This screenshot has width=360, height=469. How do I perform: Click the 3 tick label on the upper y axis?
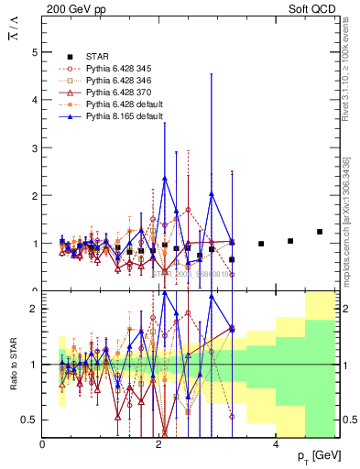34,148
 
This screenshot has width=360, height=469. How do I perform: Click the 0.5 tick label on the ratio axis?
29,420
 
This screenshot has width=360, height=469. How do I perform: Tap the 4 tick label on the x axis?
277,444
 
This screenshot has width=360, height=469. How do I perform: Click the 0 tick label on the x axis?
43,444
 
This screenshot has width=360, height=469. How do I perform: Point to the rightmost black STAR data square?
320,232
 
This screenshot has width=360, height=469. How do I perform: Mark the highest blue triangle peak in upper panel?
165,179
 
